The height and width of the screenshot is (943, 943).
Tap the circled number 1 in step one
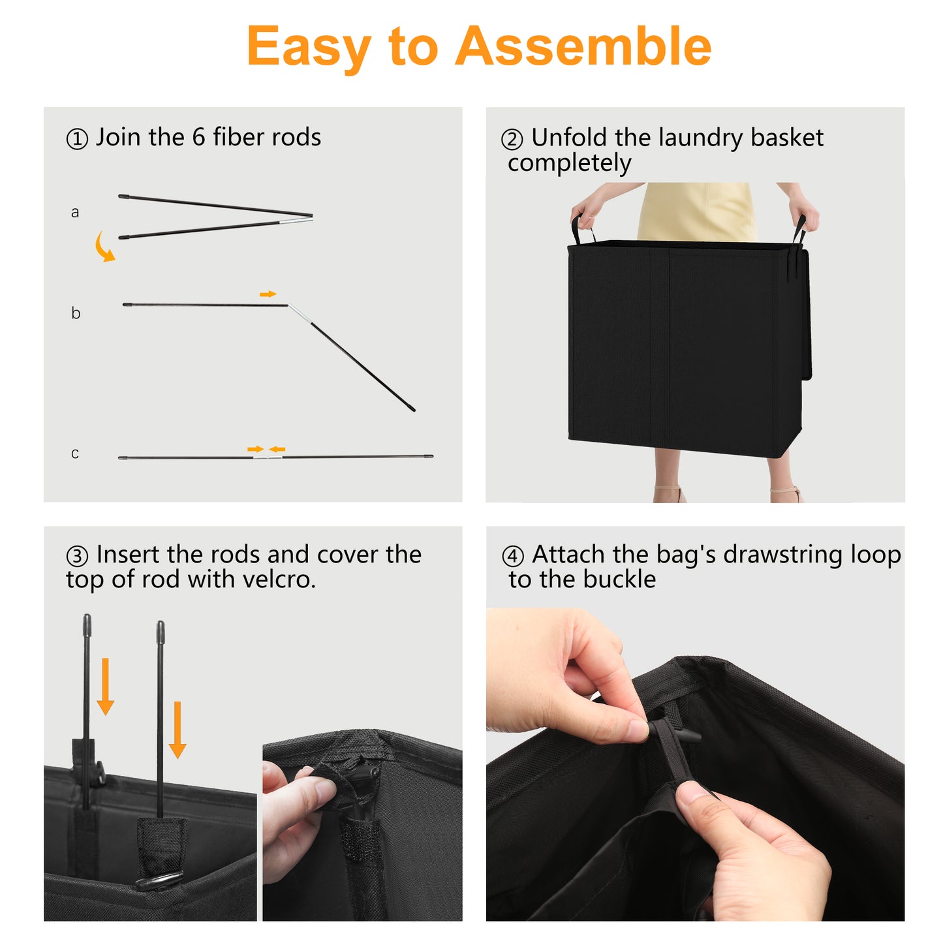pos(77,139)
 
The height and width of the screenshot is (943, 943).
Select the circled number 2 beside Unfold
pos(512,140)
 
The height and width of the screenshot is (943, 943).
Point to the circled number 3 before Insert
pos(77,557)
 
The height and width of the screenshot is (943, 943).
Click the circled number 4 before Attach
pos(513,557)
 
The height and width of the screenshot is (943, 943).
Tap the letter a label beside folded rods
pos(75,212)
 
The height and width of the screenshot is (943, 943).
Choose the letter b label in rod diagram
pos(75,312)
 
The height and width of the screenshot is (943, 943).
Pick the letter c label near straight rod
pos(75,453)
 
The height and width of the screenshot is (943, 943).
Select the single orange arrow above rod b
pos(268,294)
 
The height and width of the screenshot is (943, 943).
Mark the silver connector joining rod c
pos(268,457)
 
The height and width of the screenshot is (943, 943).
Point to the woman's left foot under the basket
pos(670,494)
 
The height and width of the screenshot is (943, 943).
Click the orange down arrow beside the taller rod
pos(105,687)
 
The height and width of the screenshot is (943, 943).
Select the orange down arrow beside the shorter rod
pos(177,730)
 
